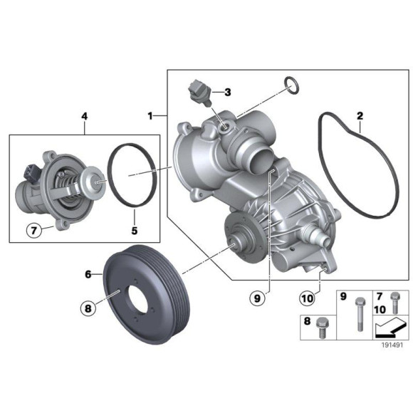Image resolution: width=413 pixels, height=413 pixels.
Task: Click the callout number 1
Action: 150,115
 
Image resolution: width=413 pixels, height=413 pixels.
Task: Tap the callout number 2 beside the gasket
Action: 360,115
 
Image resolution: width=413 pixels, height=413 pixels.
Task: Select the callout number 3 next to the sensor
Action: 228,92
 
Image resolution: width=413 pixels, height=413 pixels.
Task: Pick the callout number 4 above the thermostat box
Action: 85,116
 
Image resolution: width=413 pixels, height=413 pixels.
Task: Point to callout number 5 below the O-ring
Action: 135,231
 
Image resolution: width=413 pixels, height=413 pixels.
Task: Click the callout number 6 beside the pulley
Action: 88,274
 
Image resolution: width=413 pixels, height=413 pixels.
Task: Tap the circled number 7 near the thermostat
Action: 34,231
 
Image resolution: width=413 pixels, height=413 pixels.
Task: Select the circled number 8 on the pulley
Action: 88,308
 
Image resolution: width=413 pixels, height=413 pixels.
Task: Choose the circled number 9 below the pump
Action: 257,298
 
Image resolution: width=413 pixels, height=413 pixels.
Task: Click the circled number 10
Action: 307,298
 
